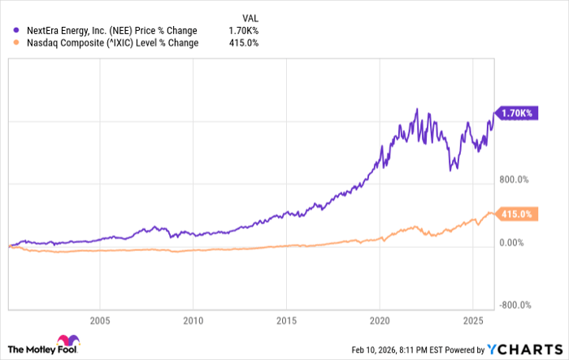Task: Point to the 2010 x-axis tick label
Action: tap(193, 319)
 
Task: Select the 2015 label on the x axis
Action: tap(286, 319)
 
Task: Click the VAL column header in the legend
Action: tap(252, 17)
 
